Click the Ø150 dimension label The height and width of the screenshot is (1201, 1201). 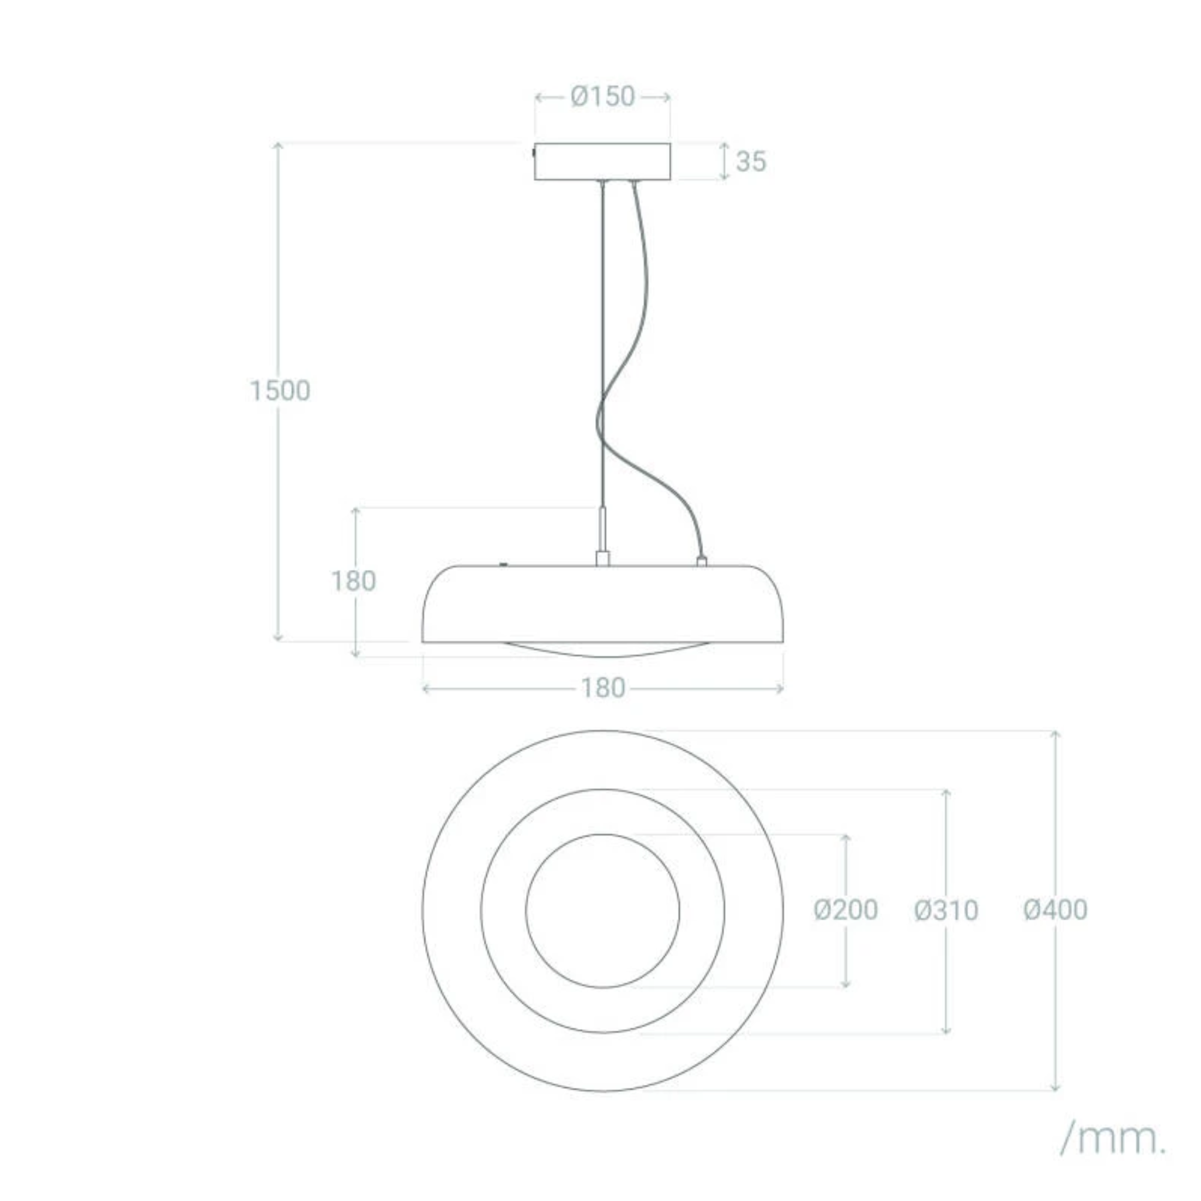[x=602, y=96]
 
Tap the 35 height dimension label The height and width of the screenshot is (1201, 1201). [x=751, y=162]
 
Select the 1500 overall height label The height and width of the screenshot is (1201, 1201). [x=280, y=391]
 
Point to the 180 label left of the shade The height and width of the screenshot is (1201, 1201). [x=353, y=581]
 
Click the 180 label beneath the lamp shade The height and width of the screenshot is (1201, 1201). [x=602, y=688]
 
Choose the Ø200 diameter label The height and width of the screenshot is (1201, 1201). [x=846, y=910]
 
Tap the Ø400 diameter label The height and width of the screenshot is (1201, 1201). [x=1056, y=910]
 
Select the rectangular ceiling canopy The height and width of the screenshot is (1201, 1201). [x=602, y=162]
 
